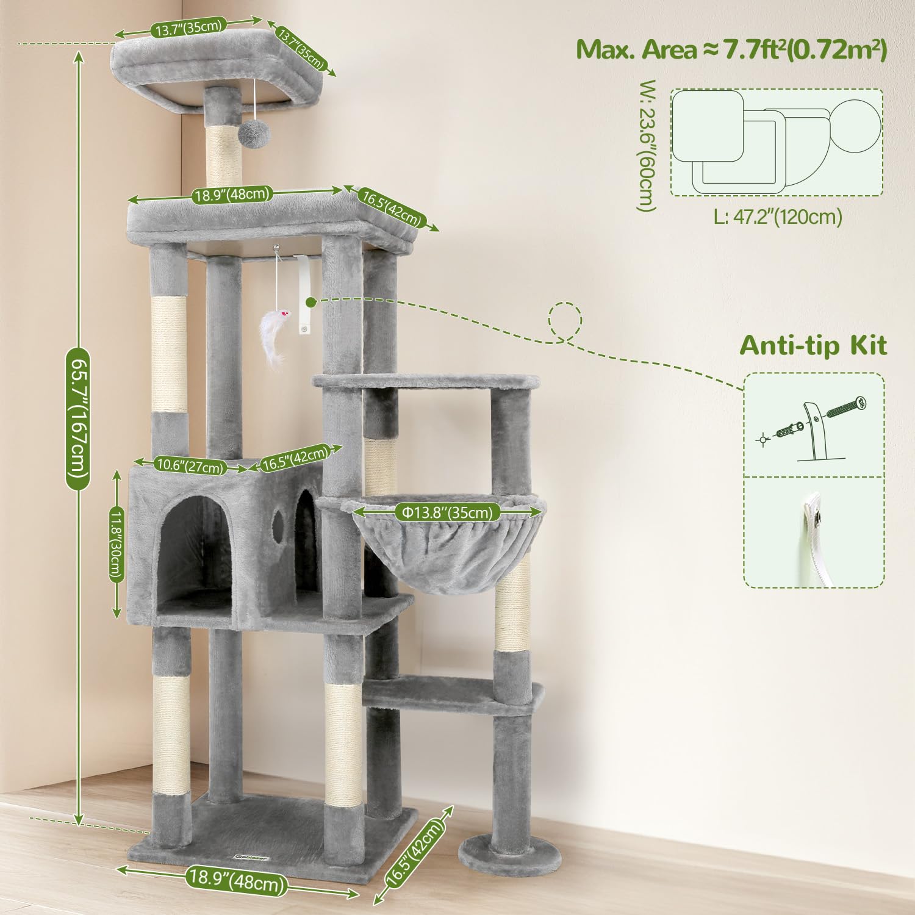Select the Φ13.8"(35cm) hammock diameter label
[x=447, y=513]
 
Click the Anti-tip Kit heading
[x=813, y=346]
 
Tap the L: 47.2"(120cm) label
[x=778, y=217]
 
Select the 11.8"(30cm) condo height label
[x=117, y=544]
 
